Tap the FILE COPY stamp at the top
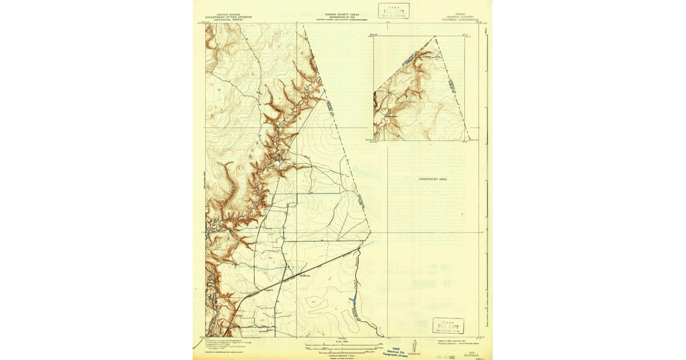pos(393,11)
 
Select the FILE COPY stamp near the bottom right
pos(448,326)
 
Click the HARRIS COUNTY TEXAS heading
pos(342,15)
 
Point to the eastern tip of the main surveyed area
pos(370,233)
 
